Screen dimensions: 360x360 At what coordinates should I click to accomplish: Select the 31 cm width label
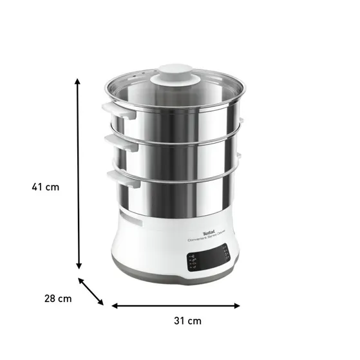pyautogui.click(x=187, y=320)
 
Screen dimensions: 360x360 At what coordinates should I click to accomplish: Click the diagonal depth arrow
pyautogui.click(x=91, y=291)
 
